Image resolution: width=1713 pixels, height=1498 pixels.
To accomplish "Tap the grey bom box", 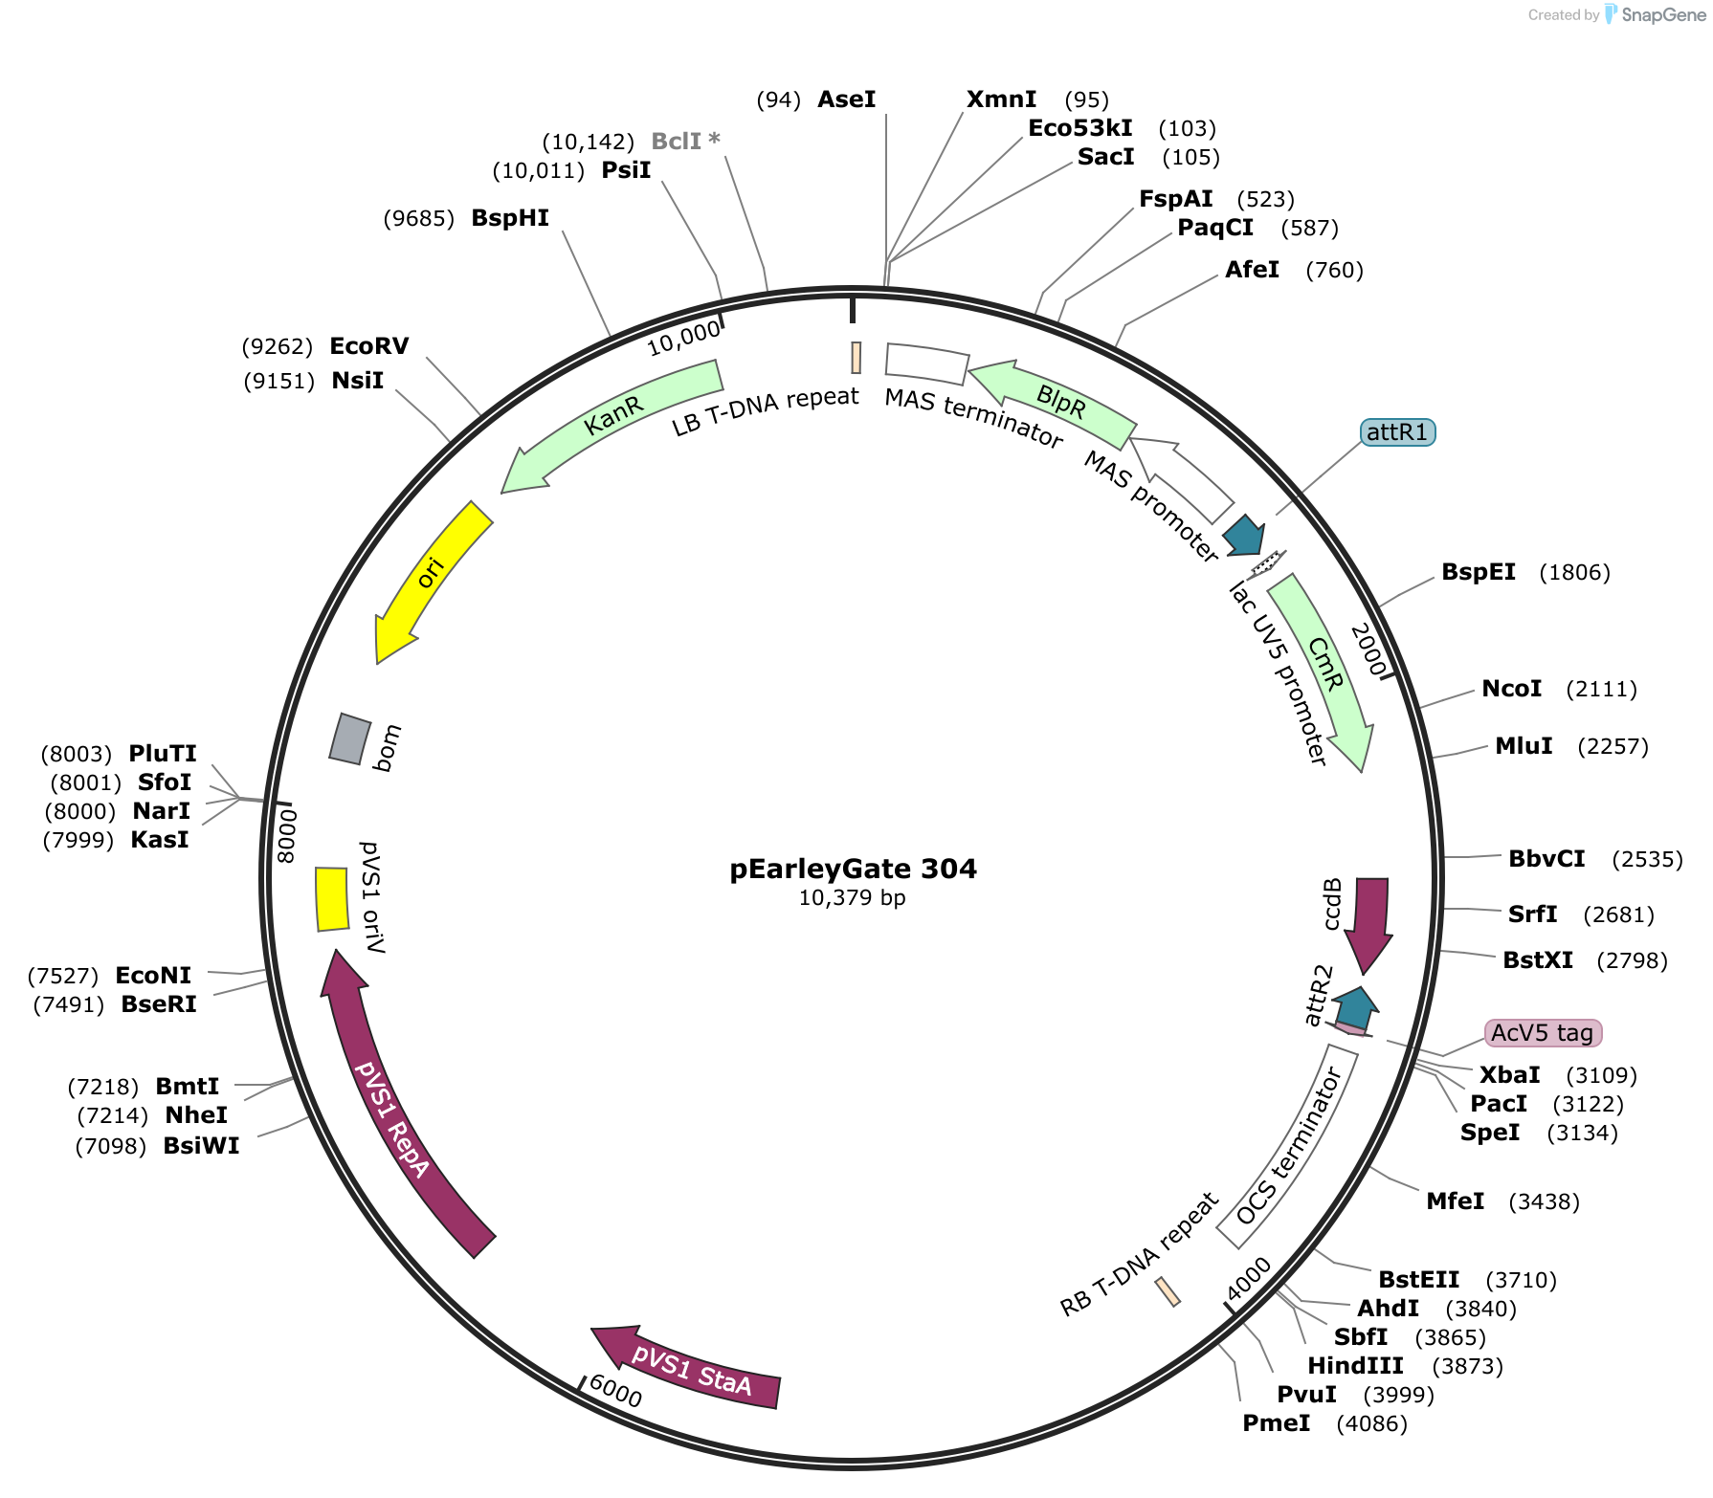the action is [349, 738].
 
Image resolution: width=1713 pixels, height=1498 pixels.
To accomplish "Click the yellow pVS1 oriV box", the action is [332, 899].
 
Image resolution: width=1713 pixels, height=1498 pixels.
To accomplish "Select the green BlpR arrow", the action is [1053, 396].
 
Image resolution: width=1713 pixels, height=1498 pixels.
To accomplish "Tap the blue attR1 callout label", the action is [1397, 432].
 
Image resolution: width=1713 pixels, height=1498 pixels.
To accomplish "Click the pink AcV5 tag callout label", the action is [1543, 1033].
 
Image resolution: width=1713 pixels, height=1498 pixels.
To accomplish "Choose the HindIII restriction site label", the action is [1355, 1366].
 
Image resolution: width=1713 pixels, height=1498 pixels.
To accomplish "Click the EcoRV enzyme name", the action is [368, 346].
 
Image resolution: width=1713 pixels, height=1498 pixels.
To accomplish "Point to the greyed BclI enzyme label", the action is [685, 141].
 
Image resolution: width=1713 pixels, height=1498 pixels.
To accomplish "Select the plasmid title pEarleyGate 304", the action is [854, 869].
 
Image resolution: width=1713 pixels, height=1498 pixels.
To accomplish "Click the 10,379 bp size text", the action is [853, 898].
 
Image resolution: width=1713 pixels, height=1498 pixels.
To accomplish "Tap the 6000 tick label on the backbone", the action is [616, 1391].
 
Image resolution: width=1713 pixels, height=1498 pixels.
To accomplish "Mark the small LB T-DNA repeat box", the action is [856, 358].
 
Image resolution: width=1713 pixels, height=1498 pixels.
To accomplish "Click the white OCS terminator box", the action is [1288, 1146].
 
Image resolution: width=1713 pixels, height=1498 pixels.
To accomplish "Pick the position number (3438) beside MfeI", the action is [1544, 1202].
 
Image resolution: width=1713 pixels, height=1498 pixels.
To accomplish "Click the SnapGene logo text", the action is [1663, 15].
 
